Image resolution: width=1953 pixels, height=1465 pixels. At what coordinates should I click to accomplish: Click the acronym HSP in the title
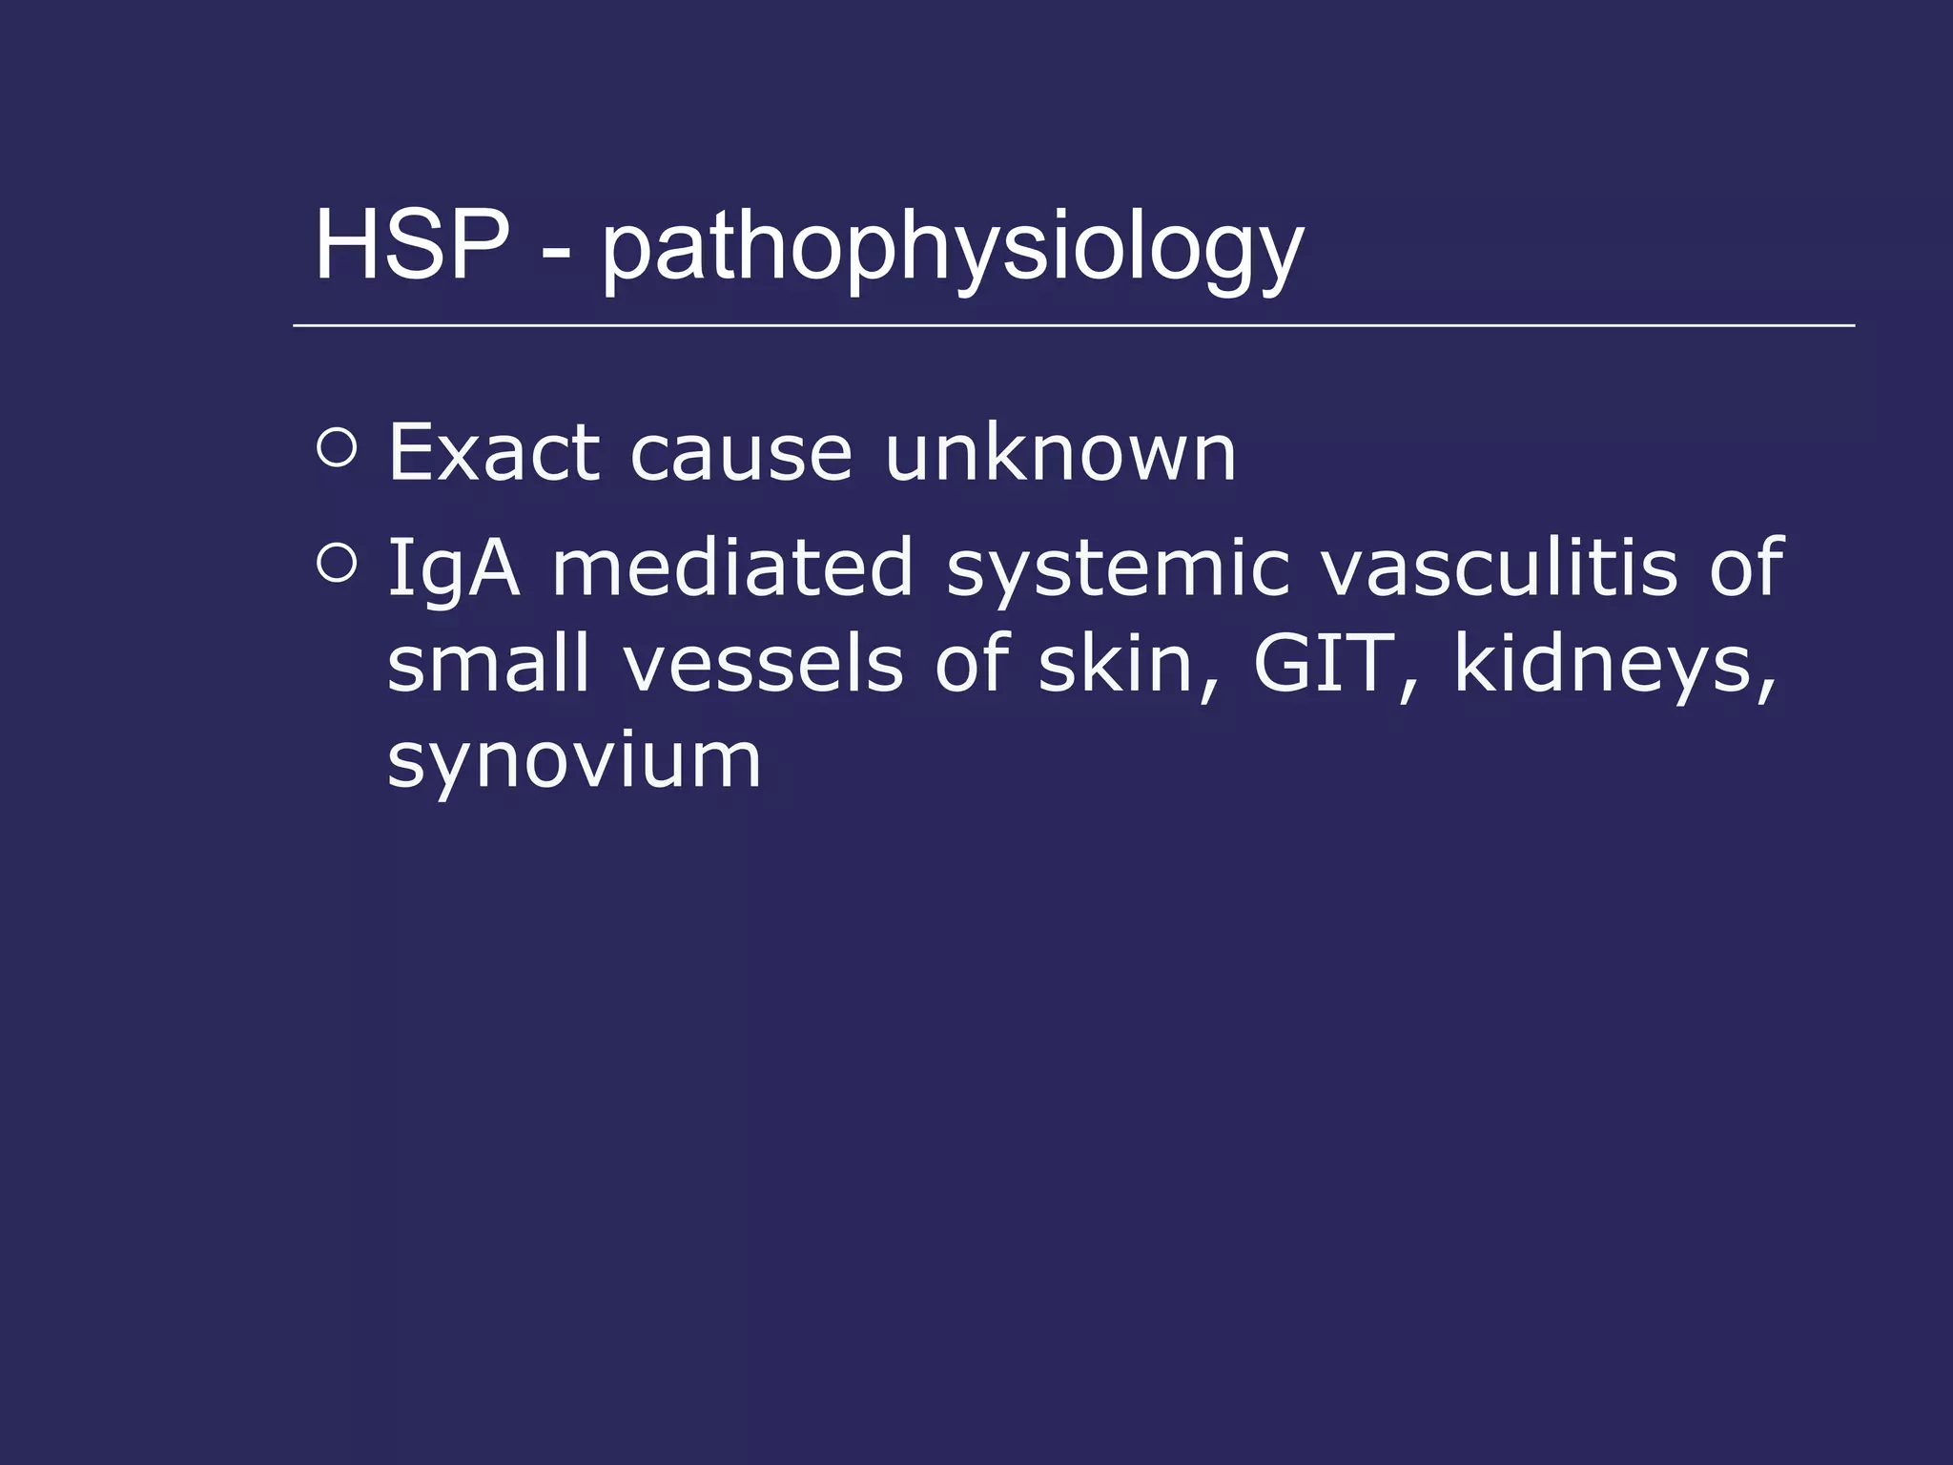point(411,245)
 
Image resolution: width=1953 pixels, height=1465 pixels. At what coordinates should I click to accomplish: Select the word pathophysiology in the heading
point(952,250)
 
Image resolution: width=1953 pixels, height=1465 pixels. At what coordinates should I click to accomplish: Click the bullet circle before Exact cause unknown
point(337,447)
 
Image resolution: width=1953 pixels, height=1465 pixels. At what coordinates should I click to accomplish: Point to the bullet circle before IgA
point(337,563)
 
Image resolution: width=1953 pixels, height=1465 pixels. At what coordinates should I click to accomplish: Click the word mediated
point(733,567)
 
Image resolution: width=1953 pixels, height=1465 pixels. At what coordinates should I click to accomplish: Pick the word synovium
point(574,762)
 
